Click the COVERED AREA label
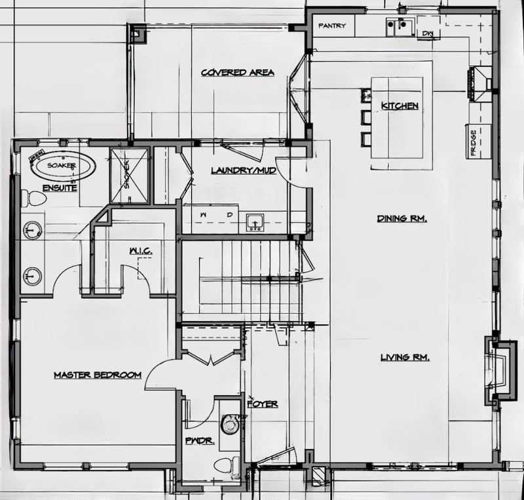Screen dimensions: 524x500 point(238,73)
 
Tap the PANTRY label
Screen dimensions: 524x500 point(332,26)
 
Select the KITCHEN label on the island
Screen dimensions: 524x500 point(400,106)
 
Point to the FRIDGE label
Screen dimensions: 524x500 point(473,143)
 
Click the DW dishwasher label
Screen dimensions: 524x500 point(428,33)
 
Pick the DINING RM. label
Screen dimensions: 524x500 point(402,219)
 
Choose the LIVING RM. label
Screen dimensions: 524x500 point(405,358)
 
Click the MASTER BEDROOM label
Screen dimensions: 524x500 point(98,375)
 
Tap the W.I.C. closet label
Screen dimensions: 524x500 point(141,251)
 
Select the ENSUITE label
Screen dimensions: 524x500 point(60,188)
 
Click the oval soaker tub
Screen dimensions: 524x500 point(64,166)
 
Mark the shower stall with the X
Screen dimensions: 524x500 point(129,176)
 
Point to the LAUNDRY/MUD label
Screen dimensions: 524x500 point(244,170)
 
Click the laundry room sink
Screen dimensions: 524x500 point(255,223)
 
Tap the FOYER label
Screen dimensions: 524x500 point(263,404)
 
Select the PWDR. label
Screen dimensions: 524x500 point(200,441)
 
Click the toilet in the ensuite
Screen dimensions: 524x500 point(33,198)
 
